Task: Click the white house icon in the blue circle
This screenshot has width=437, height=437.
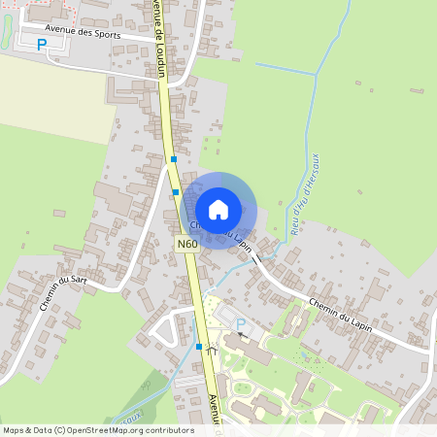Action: point(218,209)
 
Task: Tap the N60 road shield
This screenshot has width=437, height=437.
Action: point(187,244)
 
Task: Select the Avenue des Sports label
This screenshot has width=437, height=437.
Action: point(88,30)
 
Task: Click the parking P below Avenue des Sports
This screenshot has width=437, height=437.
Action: point(42,44)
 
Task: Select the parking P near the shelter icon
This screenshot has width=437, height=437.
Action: point(241,323)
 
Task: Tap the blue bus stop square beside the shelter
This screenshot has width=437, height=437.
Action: point(199,347)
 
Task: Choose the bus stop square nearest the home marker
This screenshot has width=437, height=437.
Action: point(176,192)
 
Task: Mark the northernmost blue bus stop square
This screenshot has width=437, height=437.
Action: point(174,158)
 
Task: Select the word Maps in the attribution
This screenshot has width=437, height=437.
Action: point(14,429)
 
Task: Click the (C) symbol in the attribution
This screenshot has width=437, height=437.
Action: point(59,429)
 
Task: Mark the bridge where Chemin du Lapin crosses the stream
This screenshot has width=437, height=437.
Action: point(256,260)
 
